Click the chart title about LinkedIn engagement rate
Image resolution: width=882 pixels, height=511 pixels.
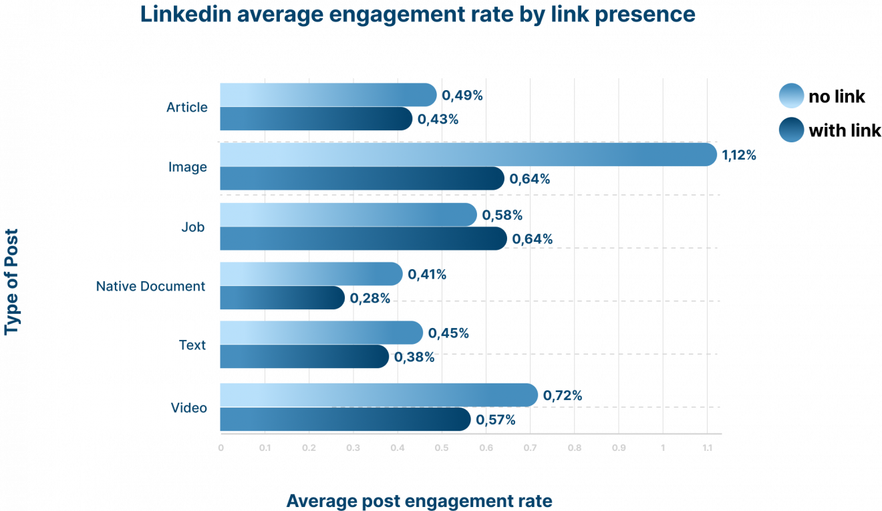[418, 14]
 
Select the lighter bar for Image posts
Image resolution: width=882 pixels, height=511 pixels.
[468, 155]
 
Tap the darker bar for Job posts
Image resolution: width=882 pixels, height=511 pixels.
[363, 238]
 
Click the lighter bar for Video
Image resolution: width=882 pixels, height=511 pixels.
[378, 395]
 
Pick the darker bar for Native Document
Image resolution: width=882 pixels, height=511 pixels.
[282, 298]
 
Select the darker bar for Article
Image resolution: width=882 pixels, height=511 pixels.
[315, 119]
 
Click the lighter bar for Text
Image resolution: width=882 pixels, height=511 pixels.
[321, 333]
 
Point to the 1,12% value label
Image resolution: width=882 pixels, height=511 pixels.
[739, 155]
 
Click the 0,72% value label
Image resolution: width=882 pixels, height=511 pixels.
[563, 395]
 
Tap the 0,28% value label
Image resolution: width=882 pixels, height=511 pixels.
[370, 298]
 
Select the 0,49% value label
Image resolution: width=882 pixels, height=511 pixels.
[462, 96]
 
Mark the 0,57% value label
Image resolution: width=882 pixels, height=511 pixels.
[496, 419]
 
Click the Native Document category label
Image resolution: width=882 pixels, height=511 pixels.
[150, 287]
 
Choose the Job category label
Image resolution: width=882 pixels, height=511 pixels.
[192, 227]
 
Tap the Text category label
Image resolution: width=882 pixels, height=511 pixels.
[192, 345]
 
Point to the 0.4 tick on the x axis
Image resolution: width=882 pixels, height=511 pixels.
[398, 448]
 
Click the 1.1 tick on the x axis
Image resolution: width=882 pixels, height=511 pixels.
[707, 448]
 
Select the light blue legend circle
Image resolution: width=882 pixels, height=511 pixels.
[791, 96]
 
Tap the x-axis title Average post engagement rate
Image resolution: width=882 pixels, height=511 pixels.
[420, 501]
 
